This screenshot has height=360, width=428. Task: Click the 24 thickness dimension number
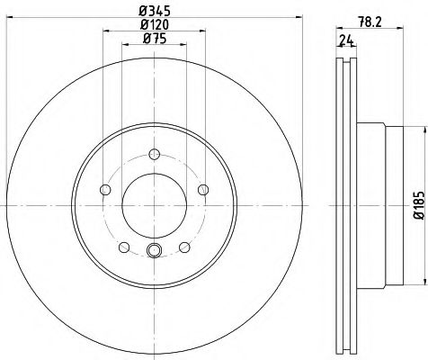point(345,40)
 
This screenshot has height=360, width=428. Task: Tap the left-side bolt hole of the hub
point(104,189)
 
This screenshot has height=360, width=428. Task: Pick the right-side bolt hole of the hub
point(202,188)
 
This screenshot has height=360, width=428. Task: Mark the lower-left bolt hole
point(122,246)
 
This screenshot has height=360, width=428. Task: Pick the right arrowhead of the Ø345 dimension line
point(299,18)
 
